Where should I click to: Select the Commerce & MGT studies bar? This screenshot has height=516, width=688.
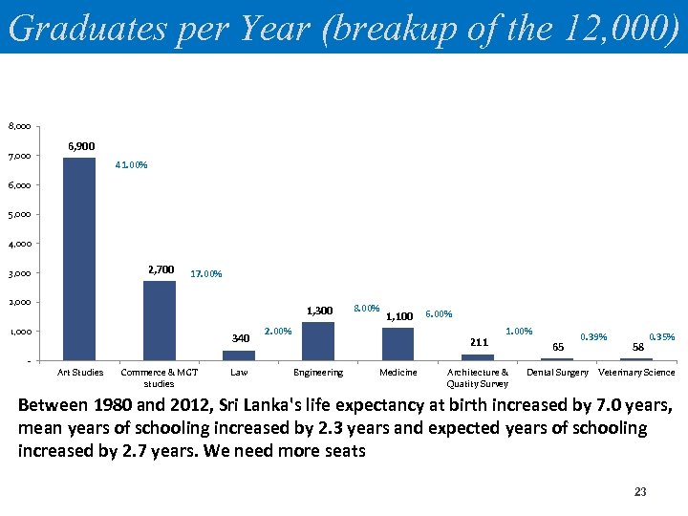tap(159, 320)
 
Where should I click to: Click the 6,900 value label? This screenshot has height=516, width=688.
tap(81, 146)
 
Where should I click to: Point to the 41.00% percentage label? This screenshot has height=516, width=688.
tap(131, 165)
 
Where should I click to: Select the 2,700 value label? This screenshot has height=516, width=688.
tap(161, 269)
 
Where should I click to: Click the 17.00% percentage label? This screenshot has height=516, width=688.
tap(206, 274)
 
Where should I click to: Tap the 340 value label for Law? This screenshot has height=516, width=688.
tap(241, 337)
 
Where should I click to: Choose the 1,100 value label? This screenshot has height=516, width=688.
tap(399, 316)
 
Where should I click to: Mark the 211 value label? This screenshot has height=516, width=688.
tap(480, 342)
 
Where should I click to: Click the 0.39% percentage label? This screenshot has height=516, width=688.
tap(593, 336)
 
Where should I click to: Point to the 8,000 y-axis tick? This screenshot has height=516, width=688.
tap(19, 126)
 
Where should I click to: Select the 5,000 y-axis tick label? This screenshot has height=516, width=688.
tap(19, 215)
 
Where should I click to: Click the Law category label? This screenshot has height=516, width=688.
tap(239, 373)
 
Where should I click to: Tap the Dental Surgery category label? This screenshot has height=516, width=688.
tap(558, 373)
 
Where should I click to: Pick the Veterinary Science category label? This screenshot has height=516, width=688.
tap(636, 373)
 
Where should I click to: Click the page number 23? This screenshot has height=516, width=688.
tap(640, 492)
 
